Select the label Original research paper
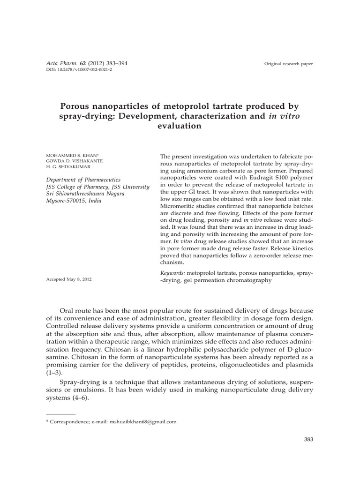coord(288,64)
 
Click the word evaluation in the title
coord(180,126)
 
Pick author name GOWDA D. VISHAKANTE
coord(74,161)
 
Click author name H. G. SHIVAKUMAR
coord(68,167)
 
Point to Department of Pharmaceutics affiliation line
coord(83,180)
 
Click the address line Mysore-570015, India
coord(73,201)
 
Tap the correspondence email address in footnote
coord(143,421)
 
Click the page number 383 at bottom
coord(308,439)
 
